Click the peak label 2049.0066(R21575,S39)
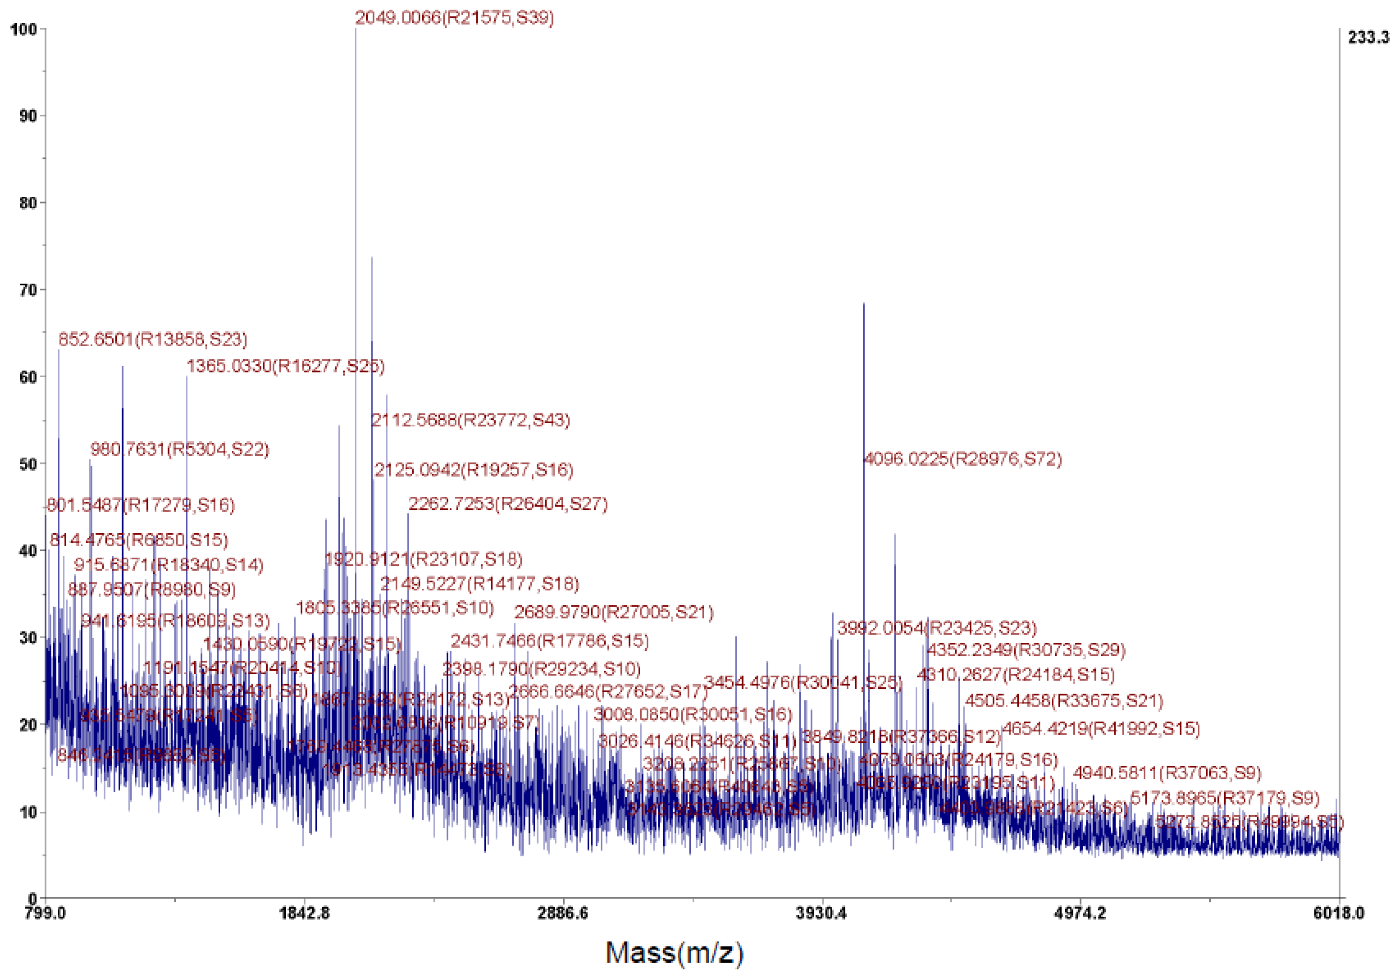454,18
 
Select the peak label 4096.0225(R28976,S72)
963,459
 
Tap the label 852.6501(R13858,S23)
153,339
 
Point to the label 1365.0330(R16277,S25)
285,366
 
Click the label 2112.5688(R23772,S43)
470,420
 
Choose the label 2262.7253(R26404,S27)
507,504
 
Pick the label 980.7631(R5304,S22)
180,450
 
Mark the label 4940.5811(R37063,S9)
1166,773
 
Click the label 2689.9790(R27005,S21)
613,612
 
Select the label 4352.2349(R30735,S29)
1026,650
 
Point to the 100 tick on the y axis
24,29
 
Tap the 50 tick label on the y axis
27,464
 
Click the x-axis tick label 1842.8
304,913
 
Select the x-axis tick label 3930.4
822,913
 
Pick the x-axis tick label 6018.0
1339,913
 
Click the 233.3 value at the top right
1368,38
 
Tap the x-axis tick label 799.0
45,913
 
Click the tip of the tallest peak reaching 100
355,29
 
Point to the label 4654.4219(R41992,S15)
1101,729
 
